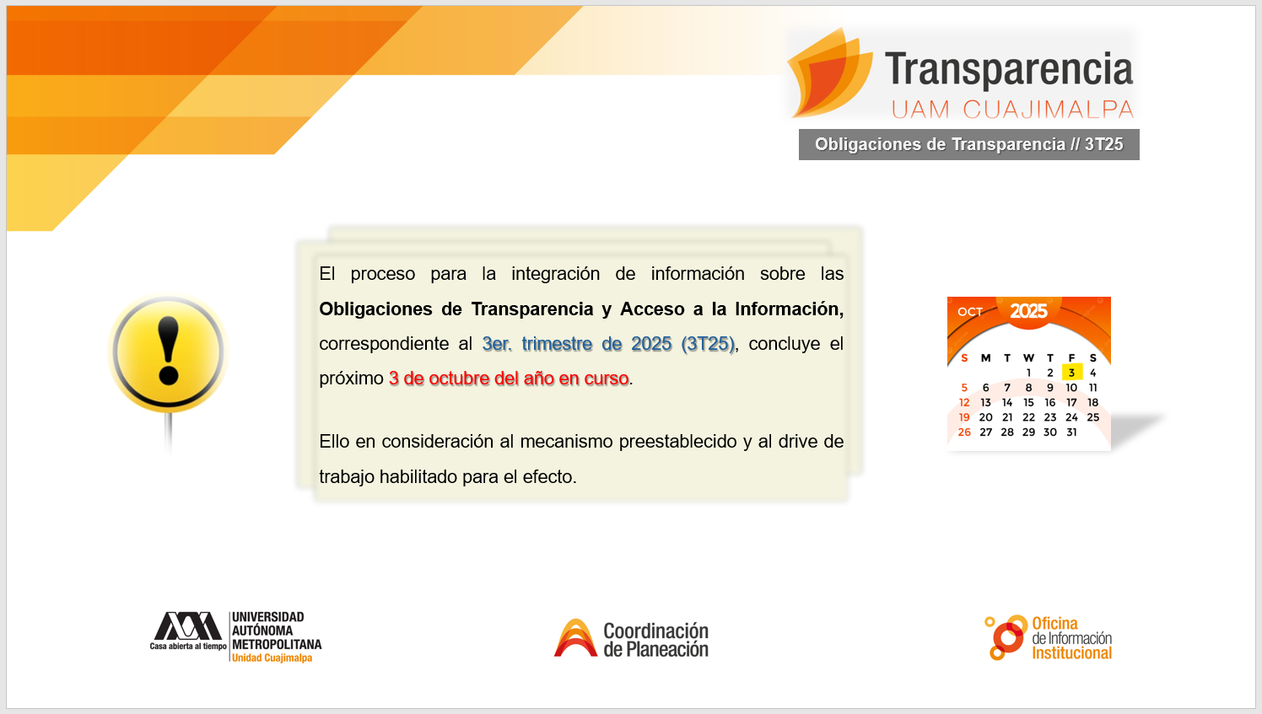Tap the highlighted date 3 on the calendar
coord(1071,373)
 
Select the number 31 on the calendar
coord(1071,432)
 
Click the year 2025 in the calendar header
coord(1028,311)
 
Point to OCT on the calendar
coord(969,311)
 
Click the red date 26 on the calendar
coord(964,432)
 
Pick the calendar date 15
coord(1028,402)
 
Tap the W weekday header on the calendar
coord(1028,357)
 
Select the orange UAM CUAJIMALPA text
coord(1012,110)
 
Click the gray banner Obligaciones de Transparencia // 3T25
coord(969,145)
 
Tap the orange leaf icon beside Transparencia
coord(829,73)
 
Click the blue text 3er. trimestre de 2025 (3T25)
coord(608,343)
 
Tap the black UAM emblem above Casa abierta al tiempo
coord(187,625)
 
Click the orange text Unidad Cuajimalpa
coord(272,658)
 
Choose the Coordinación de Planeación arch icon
coord(575,638)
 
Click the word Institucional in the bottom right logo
coord(1071,653)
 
